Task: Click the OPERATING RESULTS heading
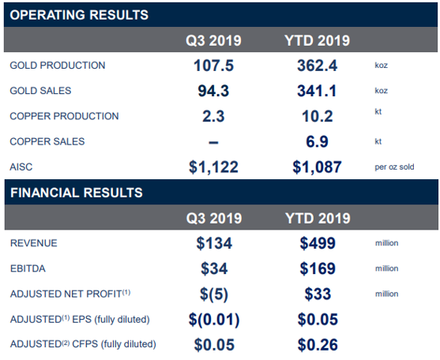pos(79,15)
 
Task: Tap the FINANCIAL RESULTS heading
pos(77,193)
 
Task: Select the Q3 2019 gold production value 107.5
pos(213,66)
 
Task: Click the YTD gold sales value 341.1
pos(317,91)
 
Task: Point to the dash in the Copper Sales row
pos(213,142)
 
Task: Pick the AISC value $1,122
pos(213,167)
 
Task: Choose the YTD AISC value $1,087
pos(317,167)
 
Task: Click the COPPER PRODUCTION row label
pos(64,116)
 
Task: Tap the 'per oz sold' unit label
pos(394,167)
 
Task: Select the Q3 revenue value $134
pos(214,243)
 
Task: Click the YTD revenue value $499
pos(318,243)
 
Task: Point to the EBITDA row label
pos(28,268)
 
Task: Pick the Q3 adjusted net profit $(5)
pos(214,294)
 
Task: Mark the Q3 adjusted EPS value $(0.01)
pos(214,320)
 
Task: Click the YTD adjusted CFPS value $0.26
pos(318,344)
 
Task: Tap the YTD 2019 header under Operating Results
pos(317,40)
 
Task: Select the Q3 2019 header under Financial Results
pos(214,218)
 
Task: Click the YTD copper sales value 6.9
pos(317,141)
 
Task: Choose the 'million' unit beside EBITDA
pos(387,268)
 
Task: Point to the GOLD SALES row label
pos(40,91)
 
